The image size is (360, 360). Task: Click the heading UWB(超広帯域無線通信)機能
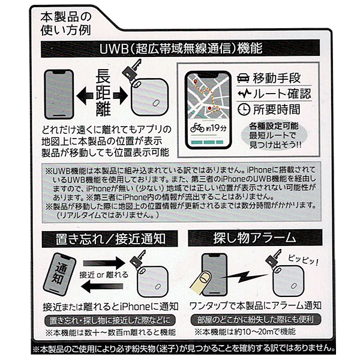point(181,49)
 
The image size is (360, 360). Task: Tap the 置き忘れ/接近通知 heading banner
point(110,239)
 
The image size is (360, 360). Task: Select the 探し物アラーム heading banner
point(255,238)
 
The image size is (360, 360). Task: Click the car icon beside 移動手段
point(244,78)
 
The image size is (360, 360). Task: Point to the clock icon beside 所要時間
point(244,109)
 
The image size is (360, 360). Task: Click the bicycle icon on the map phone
point(197,127)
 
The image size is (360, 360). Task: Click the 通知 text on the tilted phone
point(59,273)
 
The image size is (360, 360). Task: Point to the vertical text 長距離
point(103,92)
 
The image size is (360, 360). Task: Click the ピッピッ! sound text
point(303,260)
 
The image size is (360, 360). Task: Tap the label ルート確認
point(282,94)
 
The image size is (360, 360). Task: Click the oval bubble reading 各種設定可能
point(274,135)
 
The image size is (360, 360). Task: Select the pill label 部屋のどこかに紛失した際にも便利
point(256,320)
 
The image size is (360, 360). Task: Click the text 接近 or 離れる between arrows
point(104,275)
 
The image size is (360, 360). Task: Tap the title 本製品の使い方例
point(66,23)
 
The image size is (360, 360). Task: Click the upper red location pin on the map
point(196,82)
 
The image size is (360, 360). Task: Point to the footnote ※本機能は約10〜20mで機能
point(245,332)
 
